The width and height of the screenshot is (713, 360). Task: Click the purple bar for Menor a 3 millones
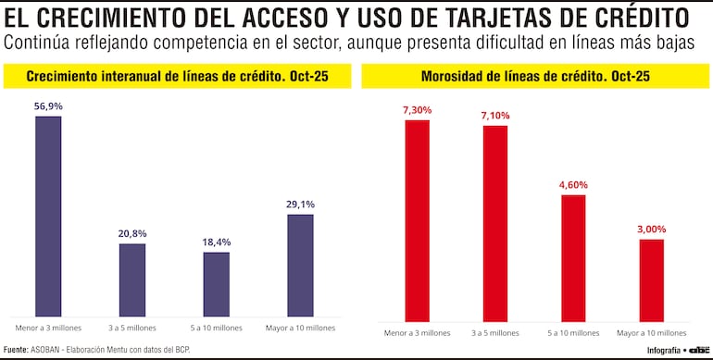pos(48,217)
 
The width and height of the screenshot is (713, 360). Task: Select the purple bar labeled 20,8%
pos(132,280)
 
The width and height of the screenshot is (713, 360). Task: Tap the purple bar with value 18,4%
pos(217,284)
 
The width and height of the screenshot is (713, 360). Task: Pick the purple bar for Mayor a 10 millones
pos(300,266)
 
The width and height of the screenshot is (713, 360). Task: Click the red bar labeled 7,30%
pos(417,220)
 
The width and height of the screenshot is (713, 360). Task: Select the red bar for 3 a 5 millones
pos(495,223)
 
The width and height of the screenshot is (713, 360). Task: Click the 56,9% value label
pos(48,106)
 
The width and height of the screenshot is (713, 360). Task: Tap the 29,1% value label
pos(300,205)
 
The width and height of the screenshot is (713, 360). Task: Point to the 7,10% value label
pos(495,116)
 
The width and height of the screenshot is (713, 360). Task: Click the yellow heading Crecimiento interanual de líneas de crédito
pos(176,77)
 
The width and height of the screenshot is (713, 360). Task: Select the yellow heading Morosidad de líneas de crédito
pos(534,77)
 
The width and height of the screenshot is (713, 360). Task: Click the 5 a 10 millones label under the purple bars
pos(217,328)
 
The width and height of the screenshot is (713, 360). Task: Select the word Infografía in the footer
pos(663,351)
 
